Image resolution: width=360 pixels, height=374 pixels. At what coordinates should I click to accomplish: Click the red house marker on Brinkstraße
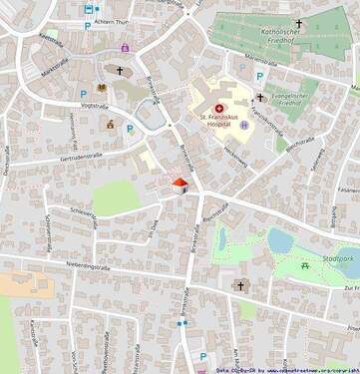[180, 186]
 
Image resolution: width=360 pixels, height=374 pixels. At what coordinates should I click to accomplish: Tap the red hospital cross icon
[219, 108]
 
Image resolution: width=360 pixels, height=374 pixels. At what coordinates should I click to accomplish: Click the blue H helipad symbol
[243, 126]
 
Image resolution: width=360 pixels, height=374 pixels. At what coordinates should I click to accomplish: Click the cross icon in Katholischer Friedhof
[297, 23]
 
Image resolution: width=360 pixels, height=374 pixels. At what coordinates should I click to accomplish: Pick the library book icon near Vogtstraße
[101, 87]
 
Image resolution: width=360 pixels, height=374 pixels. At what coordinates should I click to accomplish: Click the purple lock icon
[125, 47]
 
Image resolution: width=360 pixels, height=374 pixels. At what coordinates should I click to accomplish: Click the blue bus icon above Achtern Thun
[97, 9]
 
